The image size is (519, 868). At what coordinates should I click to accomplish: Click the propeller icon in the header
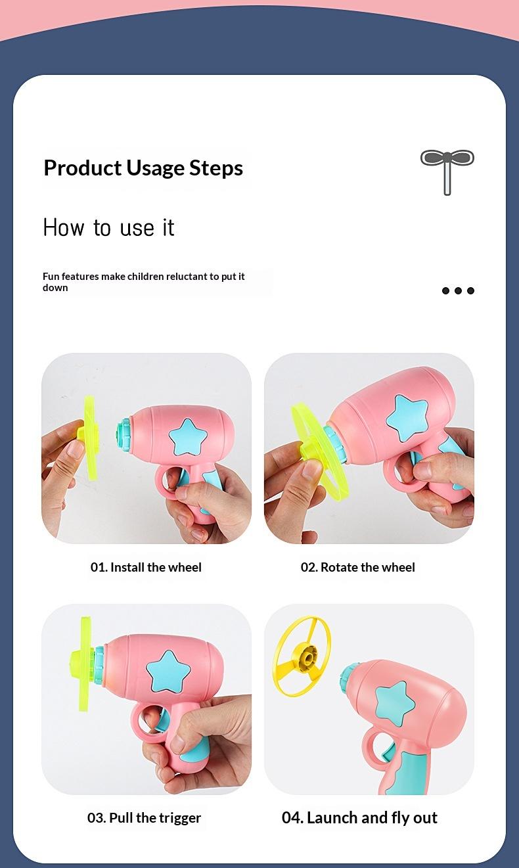[x=447, y=172]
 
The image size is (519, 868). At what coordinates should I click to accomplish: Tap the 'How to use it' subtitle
[x=108, y=227]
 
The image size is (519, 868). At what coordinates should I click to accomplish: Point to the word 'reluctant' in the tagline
[x=187, y=276]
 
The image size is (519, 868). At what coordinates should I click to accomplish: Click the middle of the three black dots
[x=458, y=290]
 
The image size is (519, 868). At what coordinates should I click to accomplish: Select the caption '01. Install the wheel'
[x=146, y=567]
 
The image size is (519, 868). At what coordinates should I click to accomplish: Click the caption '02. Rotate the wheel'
[x=358, y=567]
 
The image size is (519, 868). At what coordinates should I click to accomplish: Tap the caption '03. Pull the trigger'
[x=144, y=817]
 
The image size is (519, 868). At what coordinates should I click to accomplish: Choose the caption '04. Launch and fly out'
[x=359, y=817]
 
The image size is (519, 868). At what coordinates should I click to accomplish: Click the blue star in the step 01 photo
[x=188, y=438]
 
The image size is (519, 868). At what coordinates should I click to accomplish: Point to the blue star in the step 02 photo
[x=407, y=419]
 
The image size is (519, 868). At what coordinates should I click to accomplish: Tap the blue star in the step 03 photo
[x=168, y=672]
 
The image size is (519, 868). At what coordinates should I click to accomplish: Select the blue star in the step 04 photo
[x=394, y=703]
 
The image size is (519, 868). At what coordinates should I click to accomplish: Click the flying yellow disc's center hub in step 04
[x=307, y=658]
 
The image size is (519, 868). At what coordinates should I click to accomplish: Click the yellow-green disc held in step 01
[x=90, y=438]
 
